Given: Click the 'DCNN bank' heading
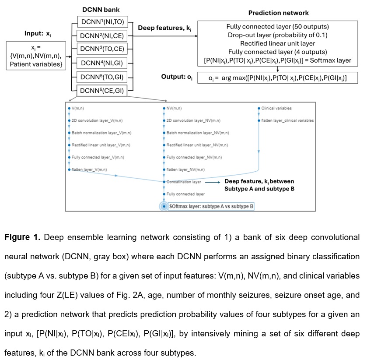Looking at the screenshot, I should (101, 9).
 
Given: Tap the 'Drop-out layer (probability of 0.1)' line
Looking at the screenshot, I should (277, 35).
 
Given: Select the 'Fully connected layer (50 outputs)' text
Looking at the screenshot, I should (277, 27).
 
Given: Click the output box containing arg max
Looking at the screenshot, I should (277, 78).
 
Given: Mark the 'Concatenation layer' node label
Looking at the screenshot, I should (184, 181).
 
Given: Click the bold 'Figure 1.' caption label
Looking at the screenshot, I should (21, 237).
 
